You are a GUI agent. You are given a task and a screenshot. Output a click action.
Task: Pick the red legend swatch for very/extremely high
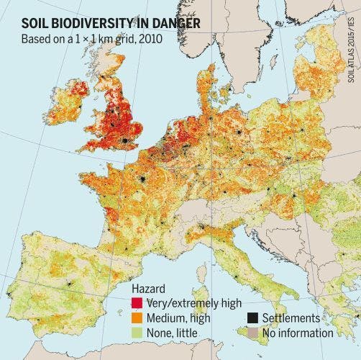137,302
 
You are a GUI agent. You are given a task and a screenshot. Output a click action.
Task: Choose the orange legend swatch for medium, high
137,318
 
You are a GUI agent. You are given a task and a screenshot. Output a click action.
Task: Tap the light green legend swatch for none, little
137,333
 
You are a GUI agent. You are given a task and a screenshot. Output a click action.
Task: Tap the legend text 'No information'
294,333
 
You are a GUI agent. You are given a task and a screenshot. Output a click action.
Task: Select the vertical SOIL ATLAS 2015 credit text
352,43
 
